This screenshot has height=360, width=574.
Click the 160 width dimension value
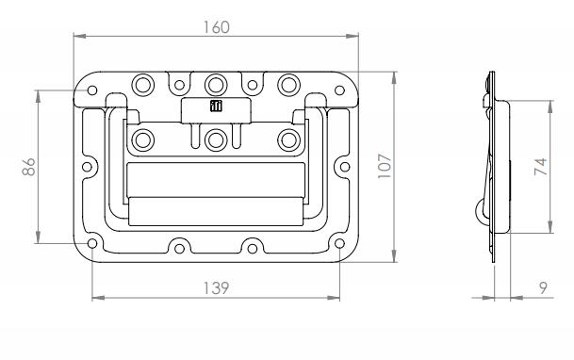tap(217, 27)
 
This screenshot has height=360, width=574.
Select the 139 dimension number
tap(216, 288)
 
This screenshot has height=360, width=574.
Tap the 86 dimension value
tap(28, 167)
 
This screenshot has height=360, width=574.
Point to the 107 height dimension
tap(385, 166)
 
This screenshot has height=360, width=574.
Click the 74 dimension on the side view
tap(541, 167)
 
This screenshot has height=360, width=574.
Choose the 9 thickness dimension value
tap(544, 288)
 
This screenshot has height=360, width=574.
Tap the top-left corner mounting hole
tap(92, 90)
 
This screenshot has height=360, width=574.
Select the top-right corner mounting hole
tap(339, 90)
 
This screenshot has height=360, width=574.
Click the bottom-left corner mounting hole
tap(92, 243)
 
